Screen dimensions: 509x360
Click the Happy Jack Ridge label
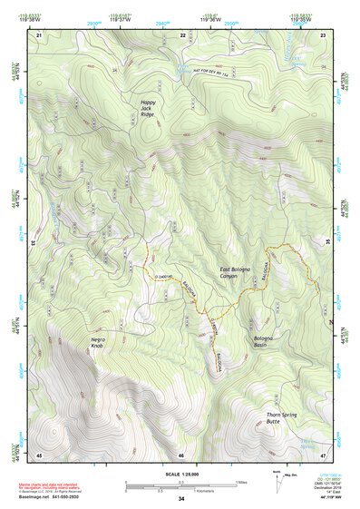tap(147, 109)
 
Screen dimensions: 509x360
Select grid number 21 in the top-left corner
tap(38, 34)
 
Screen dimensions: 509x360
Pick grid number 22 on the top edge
tap(182, 34)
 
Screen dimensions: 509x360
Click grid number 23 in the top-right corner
tap(323, 34)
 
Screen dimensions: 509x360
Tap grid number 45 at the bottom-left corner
tap(38, 455)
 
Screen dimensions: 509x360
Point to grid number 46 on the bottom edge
tap(181, 455)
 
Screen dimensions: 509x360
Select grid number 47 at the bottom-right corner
tap(323, 455)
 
